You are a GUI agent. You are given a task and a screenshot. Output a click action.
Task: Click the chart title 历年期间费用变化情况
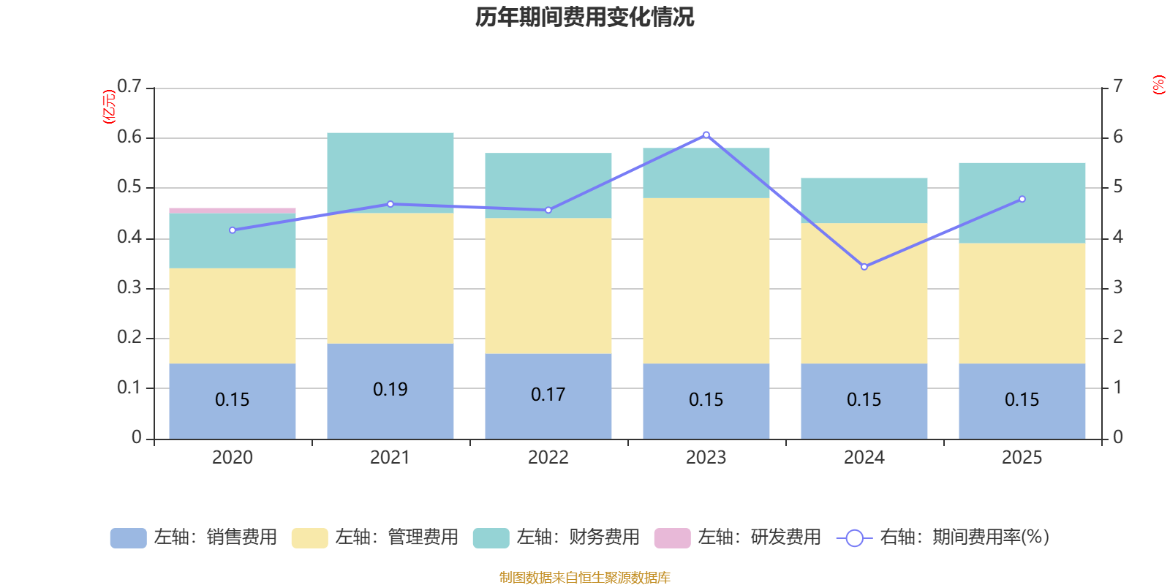(x=585, y=17)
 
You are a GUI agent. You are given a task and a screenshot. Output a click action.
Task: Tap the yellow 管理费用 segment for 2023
(x=706, y=281)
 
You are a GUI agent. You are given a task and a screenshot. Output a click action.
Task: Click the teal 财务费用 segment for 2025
(x=1022, y=203)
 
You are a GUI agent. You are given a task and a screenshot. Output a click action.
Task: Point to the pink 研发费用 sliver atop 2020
(x=233, y=211)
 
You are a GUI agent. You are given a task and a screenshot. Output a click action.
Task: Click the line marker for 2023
(x=706, y=135)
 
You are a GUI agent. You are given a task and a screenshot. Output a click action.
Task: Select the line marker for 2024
(x=864, y=267)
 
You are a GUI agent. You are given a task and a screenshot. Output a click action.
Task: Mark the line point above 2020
(x=233, y=230)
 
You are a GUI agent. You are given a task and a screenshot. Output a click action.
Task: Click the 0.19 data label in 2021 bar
(x=390, y=390)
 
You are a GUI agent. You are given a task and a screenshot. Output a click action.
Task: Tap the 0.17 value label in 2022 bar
(x=548, y=395)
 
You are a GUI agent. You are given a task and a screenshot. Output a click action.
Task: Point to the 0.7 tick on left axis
(x=129, y=87)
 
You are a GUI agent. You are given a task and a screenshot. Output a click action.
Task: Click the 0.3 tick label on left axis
(x=129, y=287)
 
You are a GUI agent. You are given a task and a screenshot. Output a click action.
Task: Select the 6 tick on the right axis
(x=1118, y=137)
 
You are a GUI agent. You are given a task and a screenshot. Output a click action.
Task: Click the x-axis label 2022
(x=548, y=458)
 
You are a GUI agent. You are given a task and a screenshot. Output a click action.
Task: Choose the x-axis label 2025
(x=1022, y=458)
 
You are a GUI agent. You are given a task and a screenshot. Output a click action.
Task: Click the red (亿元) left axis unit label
(x=109, y=107)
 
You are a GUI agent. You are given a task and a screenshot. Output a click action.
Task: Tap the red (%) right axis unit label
(x=1158, y=85)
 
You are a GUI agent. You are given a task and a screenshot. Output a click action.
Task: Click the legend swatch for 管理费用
(x=309, y=538)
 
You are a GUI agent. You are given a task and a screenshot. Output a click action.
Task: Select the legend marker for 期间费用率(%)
(x=854, y=538)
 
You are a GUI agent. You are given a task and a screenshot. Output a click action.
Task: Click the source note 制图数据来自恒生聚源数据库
(x=585, y=578)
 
